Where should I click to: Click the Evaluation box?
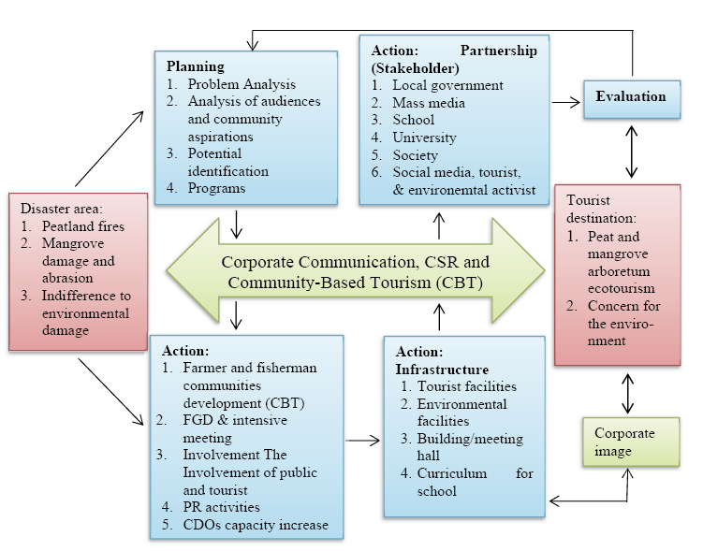(630, 97)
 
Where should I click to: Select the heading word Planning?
(195, 66)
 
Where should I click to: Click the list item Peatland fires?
(82, 225)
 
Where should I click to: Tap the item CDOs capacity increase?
(256, 525)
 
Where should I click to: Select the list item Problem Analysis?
(241, 84)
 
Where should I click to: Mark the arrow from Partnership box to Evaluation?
(564, 105)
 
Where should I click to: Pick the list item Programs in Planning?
(216, 188)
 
